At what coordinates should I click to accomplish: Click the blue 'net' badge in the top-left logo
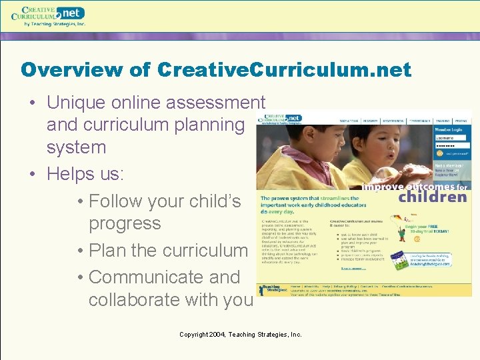71,13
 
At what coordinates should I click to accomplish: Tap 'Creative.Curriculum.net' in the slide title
285,69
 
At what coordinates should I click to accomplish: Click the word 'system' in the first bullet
76,147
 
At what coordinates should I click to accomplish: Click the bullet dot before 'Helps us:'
32,174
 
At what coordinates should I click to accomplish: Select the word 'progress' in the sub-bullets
125,223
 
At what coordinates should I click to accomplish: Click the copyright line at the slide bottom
240,334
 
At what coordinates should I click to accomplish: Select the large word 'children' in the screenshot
433,197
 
